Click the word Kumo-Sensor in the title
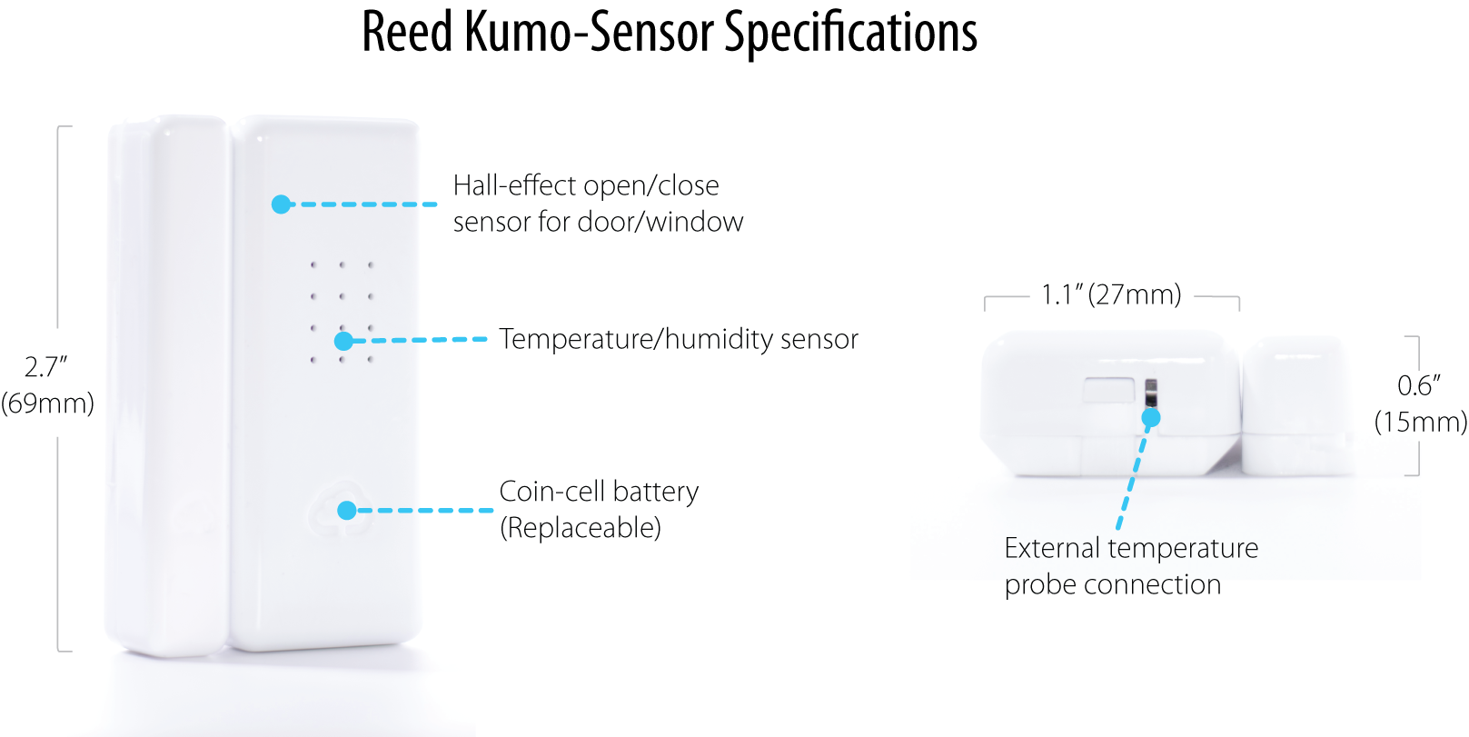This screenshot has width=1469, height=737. click(x=589, y=32)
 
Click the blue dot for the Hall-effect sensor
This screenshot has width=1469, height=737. click(x=282, y=204)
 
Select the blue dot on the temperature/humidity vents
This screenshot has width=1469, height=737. click(x=343, y=341)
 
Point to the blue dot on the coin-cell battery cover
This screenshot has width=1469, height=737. click(x=347, y=510)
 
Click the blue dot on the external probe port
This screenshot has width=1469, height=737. click(x=1151, y=417)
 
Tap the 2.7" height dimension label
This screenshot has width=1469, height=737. click(x=46, y=367)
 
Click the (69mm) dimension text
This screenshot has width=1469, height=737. click(x=47, y=403)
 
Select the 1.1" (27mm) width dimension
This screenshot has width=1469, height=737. click(x=1112, y=294)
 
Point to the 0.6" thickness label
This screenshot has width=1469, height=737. click(x=1419, y=385)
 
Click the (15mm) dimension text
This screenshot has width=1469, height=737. click(x=1421, y=422)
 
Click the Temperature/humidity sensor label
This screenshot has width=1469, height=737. click(x=679, y=339)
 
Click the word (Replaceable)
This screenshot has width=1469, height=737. click(x=581, y=528)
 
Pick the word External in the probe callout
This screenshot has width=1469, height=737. click(x=1052, y=548)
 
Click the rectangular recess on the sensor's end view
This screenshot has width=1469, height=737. click(x=1108, y=390)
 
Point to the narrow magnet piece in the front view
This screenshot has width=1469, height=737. click(x=168, y=386)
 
